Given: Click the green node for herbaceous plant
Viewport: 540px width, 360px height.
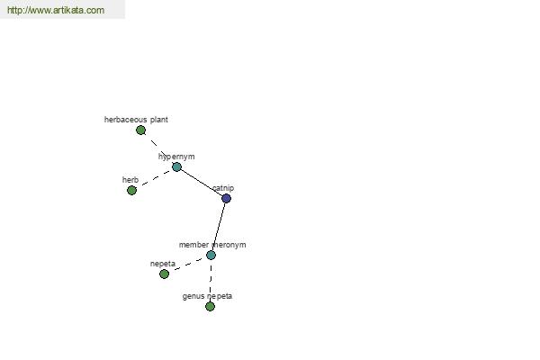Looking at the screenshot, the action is [140, 130].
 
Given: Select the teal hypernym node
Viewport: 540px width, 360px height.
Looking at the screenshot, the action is [176, 167].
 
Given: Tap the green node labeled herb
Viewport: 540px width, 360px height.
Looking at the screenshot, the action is [131, 190].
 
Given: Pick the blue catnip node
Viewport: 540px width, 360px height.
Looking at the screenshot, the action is [226, 198].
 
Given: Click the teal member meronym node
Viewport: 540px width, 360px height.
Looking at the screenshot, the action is [211, 256].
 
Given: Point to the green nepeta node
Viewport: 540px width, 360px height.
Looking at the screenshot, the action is [165, 274].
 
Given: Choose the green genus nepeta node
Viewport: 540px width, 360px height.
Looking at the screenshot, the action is [210, 306].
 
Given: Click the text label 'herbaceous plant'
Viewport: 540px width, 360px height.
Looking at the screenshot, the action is [136, 120].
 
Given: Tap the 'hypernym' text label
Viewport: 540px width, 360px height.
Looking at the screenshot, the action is [176, 157].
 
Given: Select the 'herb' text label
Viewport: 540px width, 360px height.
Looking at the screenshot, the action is [130, 180].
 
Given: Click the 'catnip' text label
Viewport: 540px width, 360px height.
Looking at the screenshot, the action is [223, 188].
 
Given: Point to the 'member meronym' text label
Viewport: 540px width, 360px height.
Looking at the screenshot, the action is [212, 245].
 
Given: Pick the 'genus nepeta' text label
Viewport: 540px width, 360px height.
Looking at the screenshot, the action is [207, 296].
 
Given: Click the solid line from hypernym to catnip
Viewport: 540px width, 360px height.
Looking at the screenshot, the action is [202, 183].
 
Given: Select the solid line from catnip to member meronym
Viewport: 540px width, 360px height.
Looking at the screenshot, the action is [219, 227].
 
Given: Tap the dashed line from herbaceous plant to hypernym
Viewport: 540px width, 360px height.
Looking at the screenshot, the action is [158, 148].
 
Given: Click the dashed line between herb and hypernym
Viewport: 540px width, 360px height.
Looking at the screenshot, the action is [154, 178].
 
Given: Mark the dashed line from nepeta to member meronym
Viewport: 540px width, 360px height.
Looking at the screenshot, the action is [187, 265].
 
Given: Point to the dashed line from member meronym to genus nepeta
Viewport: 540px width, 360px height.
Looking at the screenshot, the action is [211, 281].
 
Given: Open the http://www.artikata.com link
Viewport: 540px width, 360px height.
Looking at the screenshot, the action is [56, 10].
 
